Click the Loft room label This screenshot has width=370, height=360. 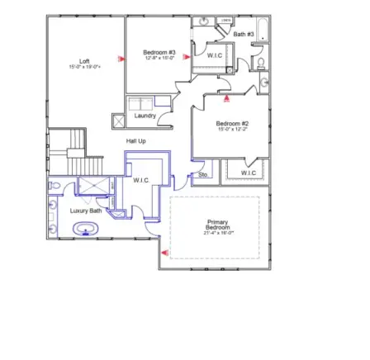coord(84,60)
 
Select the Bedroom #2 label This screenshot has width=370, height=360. coord(227,123)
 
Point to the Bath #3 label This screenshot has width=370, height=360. coord(244,34)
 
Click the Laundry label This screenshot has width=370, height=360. coord(144,116)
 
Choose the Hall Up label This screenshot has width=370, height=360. coord(136,141)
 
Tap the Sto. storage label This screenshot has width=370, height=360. coord(203,174)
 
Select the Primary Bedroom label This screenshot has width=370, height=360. coord(218,224)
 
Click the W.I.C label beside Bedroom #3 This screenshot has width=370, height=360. coord(214,55)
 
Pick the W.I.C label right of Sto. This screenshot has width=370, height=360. coord(248,173)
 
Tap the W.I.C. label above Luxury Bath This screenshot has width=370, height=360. coord(140,179)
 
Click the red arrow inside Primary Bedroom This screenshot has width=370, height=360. coord(164,253)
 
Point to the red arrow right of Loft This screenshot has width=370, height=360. coord(121,59)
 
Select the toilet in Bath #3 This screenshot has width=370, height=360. coord(259,61)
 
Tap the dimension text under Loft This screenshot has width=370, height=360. coord(84,66)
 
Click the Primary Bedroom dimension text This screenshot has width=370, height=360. coord(218,233)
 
